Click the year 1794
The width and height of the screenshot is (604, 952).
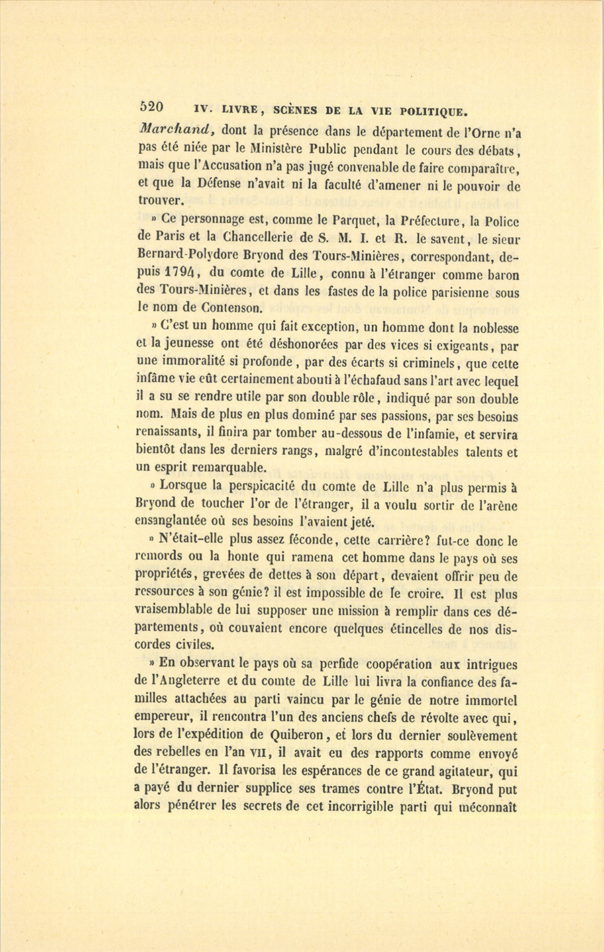tap(183, 273)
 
